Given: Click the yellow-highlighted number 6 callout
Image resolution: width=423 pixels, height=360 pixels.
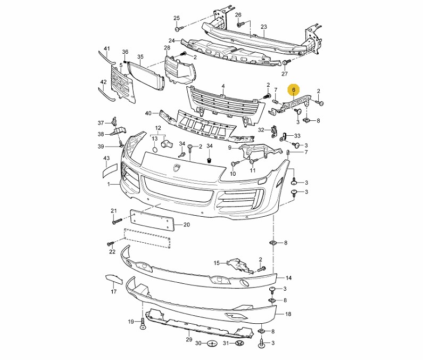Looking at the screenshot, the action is (294, 89).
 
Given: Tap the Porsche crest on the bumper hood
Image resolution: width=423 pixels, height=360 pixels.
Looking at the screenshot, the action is (177, 168).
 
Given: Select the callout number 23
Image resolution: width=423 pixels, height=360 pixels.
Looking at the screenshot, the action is (264, 27).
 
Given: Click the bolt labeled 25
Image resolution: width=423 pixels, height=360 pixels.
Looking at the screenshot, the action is (179, 28).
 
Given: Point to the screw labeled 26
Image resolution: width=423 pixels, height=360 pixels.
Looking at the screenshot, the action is (240, 24).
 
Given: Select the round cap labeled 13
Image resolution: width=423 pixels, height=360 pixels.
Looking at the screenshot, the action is (155, 150).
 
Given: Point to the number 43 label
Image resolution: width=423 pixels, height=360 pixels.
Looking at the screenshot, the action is (106, 158).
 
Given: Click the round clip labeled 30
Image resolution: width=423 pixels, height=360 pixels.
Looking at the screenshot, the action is (213, 344).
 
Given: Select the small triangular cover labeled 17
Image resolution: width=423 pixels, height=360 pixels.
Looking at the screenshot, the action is (113, 279).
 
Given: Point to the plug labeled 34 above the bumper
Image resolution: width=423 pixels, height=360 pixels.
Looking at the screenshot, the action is (209, 160).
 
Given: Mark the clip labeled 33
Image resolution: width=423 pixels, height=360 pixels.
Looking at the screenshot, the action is (283, 137).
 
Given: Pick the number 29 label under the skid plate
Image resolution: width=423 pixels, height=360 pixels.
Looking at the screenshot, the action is (189, 339).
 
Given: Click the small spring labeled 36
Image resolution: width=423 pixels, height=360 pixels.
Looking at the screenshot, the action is (125, 62).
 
